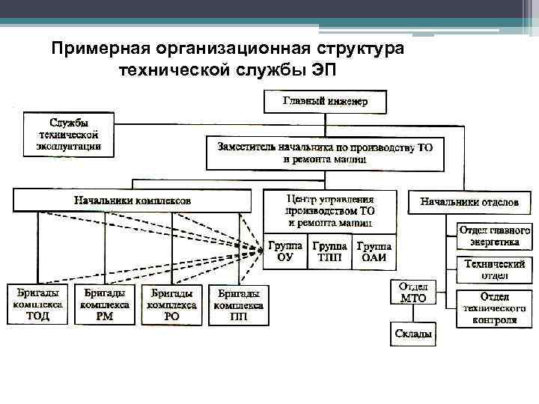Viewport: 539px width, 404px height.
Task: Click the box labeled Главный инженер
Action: (324, 101)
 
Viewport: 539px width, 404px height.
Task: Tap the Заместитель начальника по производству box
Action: (325, 153)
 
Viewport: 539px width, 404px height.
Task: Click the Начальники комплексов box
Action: (132, 201)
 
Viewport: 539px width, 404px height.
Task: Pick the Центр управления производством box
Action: (330, 212)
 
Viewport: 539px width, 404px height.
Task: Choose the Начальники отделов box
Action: (469, 201)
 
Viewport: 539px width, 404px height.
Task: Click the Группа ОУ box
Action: (285, 252)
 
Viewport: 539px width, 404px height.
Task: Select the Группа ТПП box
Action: (329, 252)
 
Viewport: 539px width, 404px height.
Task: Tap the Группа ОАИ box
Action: (374, 252)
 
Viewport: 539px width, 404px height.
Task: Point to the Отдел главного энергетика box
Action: (494, 236)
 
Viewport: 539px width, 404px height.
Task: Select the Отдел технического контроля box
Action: (494, 307)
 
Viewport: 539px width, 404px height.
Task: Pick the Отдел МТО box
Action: (412, 293)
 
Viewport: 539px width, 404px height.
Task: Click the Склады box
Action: (412, 334)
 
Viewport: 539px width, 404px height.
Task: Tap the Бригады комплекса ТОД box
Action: (38, 304)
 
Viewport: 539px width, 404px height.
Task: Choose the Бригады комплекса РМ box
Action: (105, 304)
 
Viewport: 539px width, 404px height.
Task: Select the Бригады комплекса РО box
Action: (171, 304)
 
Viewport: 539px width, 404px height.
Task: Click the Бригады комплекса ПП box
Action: (238, 304)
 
